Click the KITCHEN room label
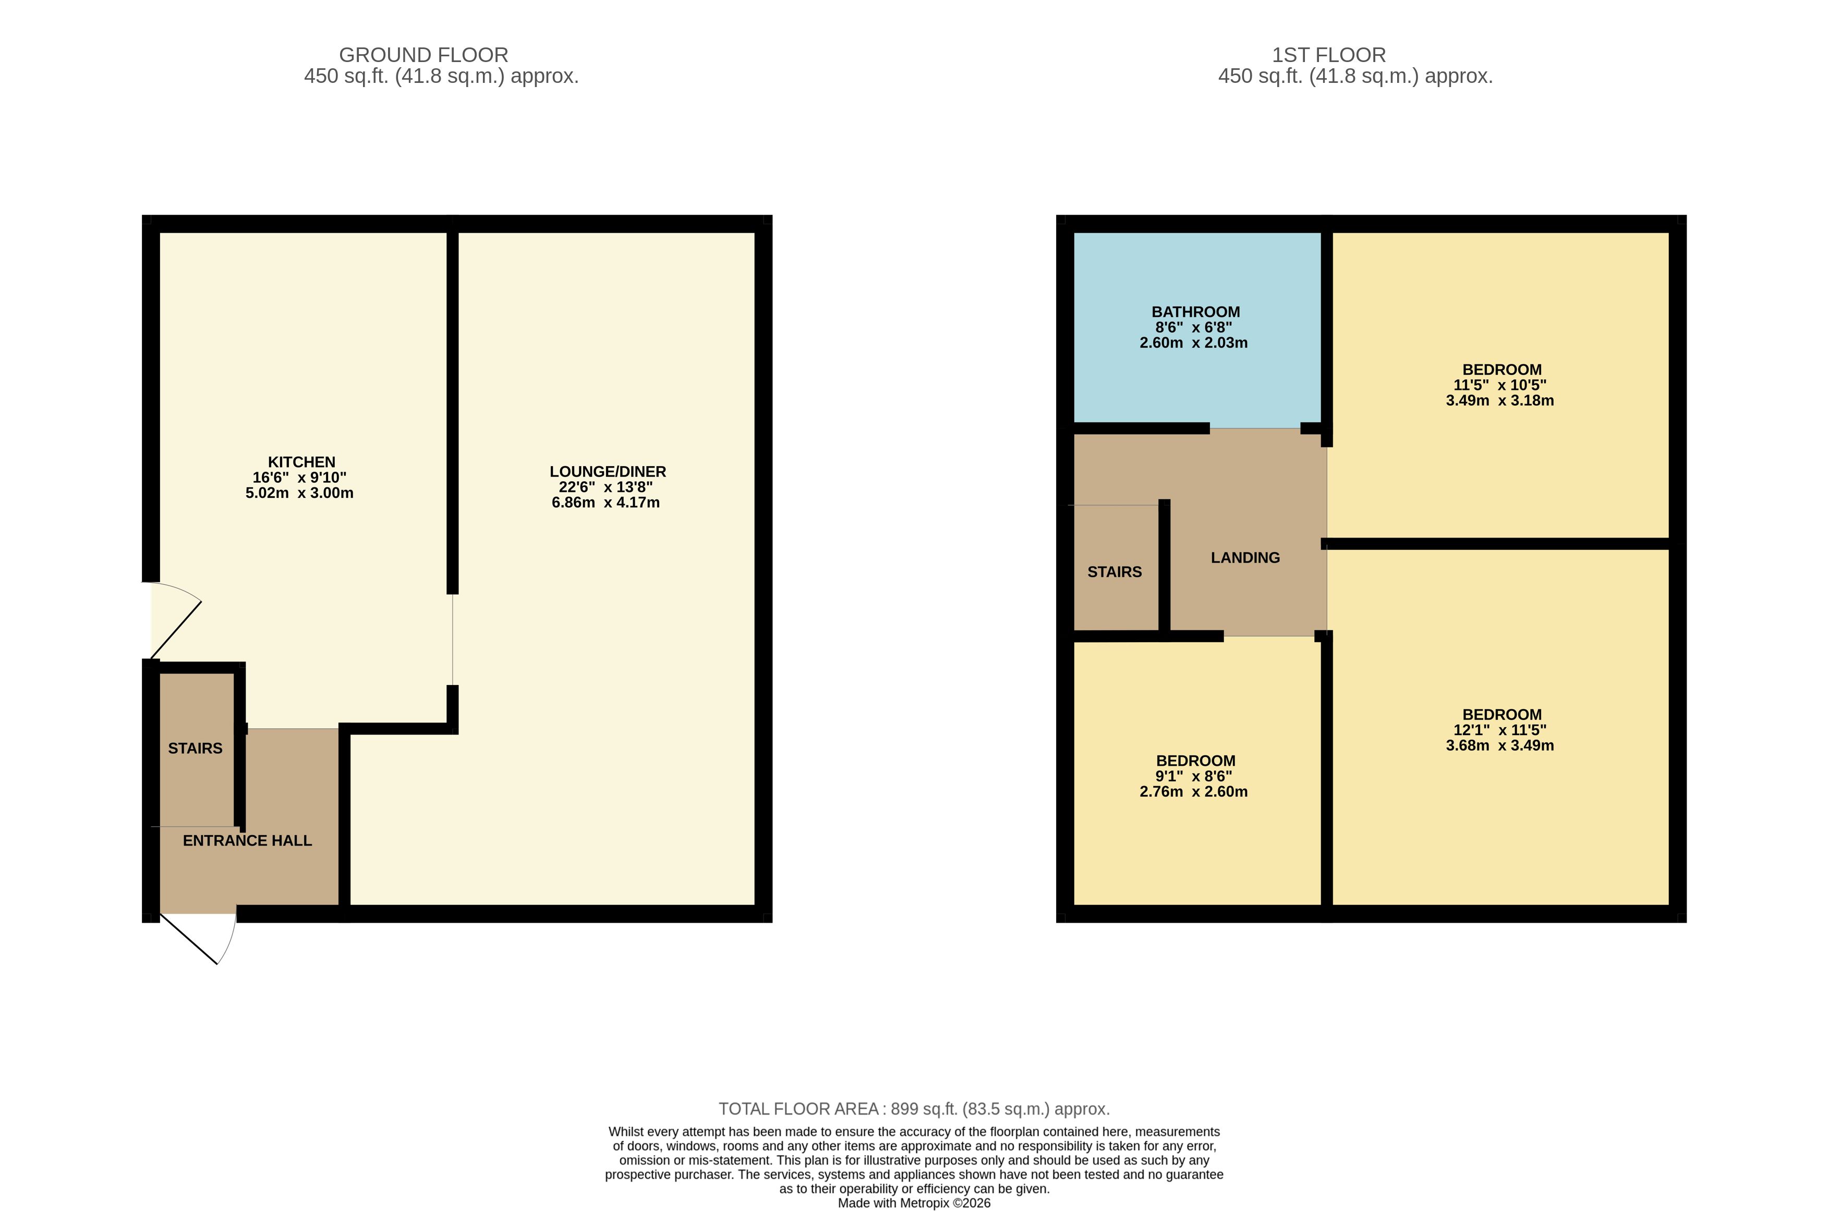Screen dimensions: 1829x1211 [301, 462]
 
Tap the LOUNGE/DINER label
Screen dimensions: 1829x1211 [608, 471]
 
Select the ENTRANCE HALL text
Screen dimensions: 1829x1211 [247, 840]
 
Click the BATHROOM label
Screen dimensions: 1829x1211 [1195, 312]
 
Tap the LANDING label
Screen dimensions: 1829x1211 [1245, 558]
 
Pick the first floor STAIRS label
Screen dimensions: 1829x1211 [1114, 571]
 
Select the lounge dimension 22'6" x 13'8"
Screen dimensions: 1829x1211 [606, 486]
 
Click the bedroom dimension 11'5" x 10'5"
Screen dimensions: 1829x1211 [1500, 385]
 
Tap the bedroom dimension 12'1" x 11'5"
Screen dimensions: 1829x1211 [1500, 730]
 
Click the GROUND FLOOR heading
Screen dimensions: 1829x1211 [423, 55]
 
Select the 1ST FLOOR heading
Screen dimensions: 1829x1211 [1329, 55]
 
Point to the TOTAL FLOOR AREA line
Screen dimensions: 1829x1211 [914, 1109]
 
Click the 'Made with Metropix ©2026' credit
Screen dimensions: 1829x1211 [914, 1203]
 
